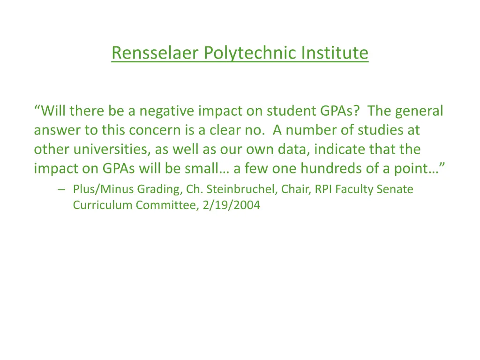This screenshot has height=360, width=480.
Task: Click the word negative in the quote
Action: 166,111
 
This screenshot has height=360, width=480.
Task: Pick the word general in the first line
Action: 419,111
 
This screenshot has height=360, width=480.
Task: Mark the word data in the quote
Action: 295,150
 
